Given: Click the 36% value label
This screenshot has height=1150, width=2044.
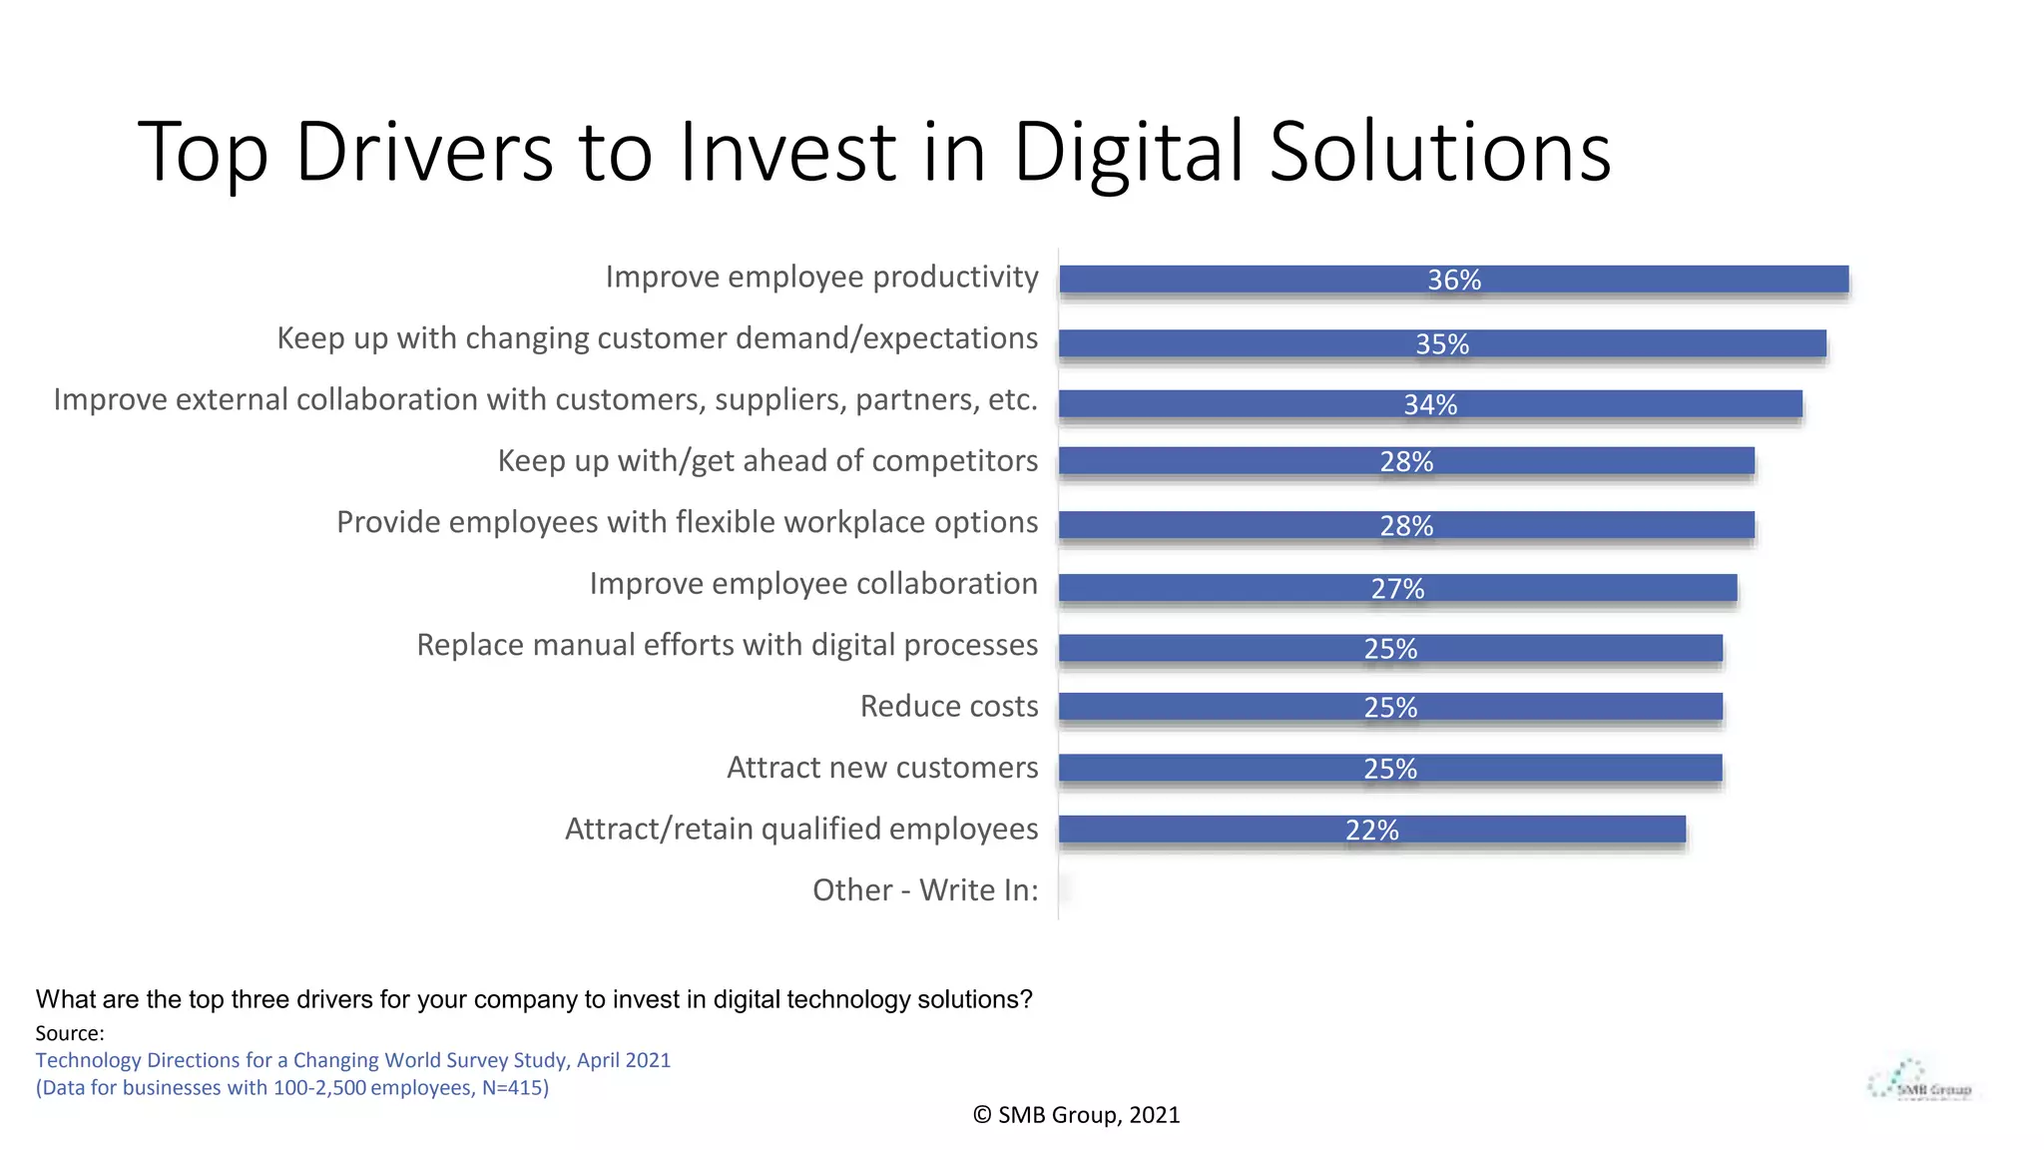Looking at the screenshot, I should pyautogui.click(x=1453, y=281).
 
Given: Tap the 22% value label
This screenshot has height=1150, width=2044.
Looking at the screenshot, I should pyautogui.click(x=1371, y=831).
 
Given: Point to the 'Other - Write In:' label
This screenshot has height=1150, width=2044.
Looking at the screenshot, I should pyautogui.click(x=925, y=889).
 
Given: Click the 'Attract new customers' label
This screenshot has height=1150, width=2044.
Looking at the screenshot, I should pyautogui.click(x=882, y=768).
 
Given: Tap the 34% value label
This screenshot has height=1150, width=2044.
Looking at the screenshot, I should pyautogui.click(x=1429, y=404).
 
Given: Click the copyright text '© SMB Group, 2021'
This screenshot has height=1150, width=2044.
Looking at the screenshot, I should pyautogui.click(x=1076, y=1115).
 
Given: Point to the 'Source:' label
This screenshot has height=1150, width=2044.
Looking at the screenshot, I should pyautogui.click(x=70, y=1033).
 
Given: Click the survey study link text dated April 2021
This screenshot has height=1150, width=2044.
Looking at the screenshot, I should pyautogui.click(x=353, y=1060).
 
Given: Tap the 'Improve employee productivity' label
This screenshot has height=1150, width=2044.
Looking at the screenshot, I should pyautogui.click(x=821, y=277).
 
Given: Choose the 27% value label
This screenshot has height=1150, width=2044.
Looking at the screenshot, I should pyautogui.click(x=1397, y=589).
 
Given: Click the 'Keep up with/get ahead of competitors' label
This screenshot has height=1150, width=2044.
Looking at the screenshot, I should pyautogui.click(x=767, y=461).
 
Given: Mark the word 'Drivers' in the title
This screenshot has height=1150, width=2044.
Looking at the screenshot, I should pyautogui.click(x=424, y=152).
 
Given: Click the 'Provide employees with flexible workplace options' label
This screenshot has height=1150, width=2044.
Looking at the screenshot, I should pyautogui.click(x=687, y=522).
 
